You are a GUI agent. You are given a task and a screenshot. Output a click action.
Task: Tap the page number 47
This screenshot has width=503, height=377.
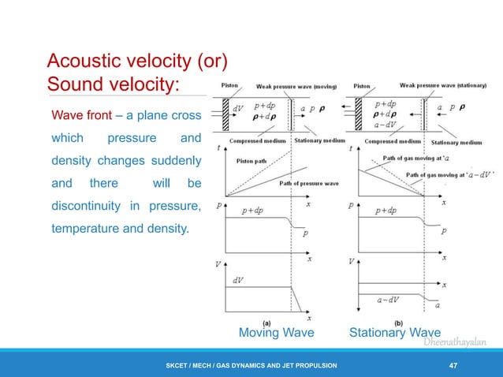tap(453, 365)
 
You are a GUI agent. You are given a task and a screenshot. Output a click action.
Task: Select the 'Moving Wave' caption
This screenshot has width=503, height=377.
tap(276, 333)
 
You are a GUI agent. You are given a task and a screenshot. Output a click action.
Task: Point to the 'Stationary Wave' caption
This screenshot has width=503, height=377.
tap(395, 333)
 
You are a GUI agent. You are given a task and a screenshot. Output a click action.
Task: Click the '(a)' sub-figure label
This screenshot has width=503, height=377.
tap(267, 322)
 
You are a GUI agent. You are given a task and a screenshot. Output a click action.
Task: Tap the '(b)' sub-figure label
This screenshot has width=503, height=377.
tap(398, 322)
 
